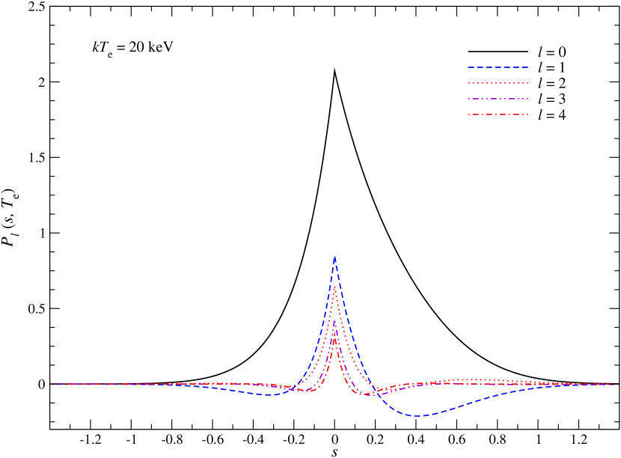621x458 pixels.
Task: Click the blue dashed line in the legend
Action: click(498, 67)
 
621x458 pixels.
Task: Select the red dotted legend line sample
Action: click(498, 83)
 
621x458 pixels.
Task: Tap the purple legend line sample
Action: click(498, 99)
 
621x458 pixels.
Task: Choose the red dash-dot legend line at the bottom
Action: click(498, 114)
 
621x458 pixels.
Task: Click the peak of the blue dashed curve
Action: click(334, 257)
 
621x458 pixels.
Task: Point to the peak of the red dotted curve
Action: click(334, 287)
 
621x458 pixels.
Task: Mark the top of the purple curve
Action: click(334, 320)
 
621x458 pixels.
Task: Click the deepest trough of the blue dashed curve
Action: click(417, 416)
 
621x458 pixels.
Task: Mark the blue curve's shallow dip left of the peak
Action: click(272, 395)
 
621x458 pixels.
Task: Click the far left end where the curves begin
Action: click(51, 384)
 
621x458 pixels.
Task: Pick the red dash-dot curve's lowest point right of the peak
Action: click(367, 394)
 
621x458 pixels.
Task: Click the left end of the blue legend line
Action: click(468, 67)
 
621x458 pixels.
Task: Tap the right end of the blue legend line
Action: click(528, 67)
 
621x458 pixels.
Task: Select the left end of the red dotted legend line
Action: click(468, 83)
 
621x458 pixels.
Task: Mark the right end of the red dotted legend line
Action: click(528, 83)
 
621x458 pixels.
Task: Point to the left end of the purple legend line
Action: click(468, 99)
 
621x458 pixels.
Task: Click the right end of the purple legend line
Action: click(528, 99)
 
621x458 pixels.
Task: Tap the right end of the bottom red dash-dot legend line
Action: click(528, 114)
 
